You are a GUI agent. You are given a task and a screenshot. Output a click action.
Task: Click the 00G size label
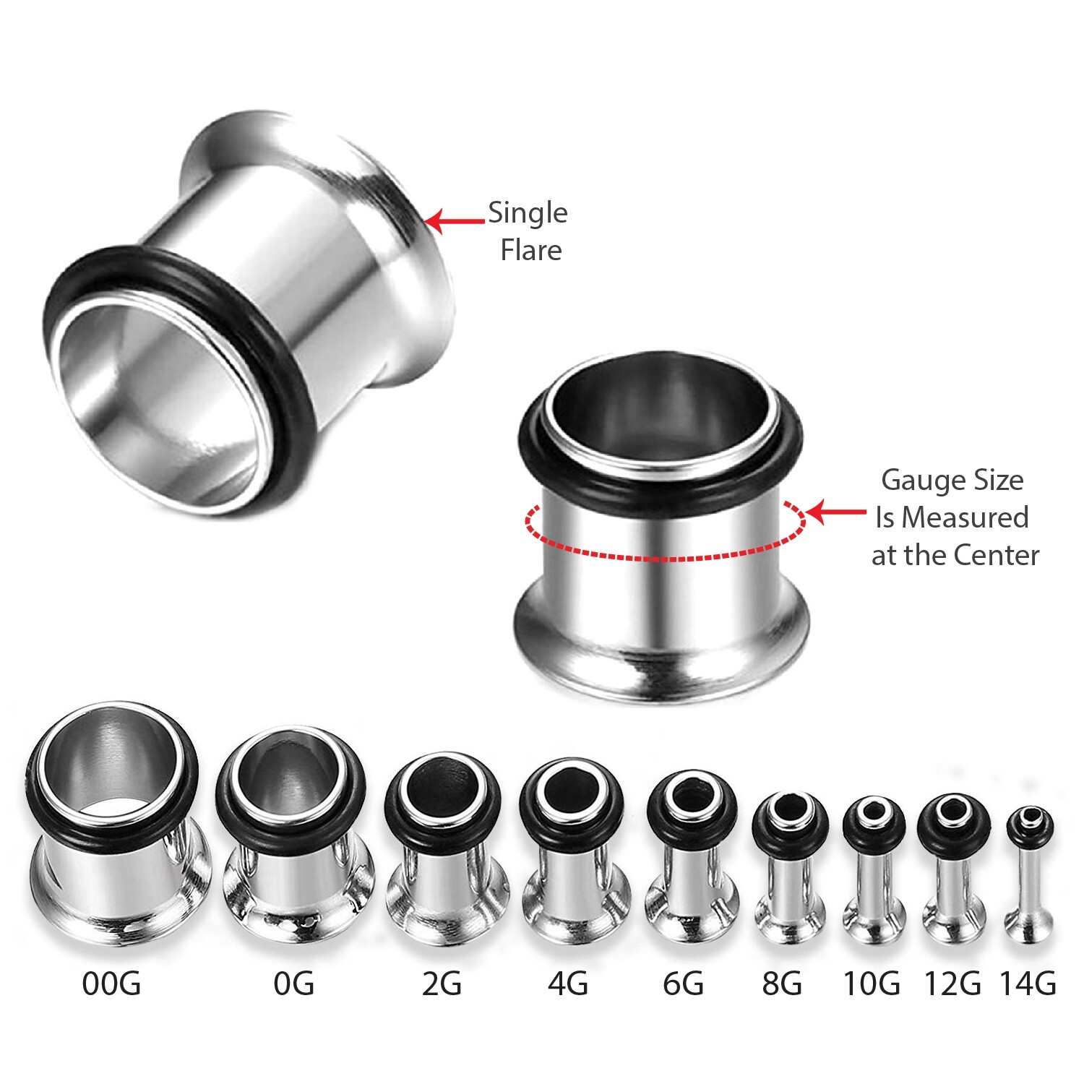(111, 984)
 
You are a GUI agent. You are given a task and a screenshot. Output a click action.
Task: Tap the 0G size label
(293, 984)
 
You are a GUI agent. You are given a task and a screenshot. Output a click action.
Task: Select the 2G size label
(442, 984)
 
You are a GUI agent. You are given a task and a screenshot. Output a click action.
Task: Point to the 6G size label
(683, 984)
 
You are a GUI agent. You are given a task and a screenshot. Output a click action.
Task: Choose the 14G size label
(1028, 984)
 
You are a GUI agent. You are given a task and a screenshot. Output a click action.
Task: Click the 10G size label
(872, 984)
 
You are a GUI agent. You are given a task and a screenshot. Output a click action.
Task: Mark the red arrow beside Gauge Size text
(835, 512)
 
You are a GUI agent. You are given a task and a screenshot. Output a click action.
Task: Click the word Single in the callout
(528, 213)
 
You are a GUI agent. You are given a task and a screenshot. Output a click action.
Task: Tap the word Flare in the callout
(531, 251)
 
